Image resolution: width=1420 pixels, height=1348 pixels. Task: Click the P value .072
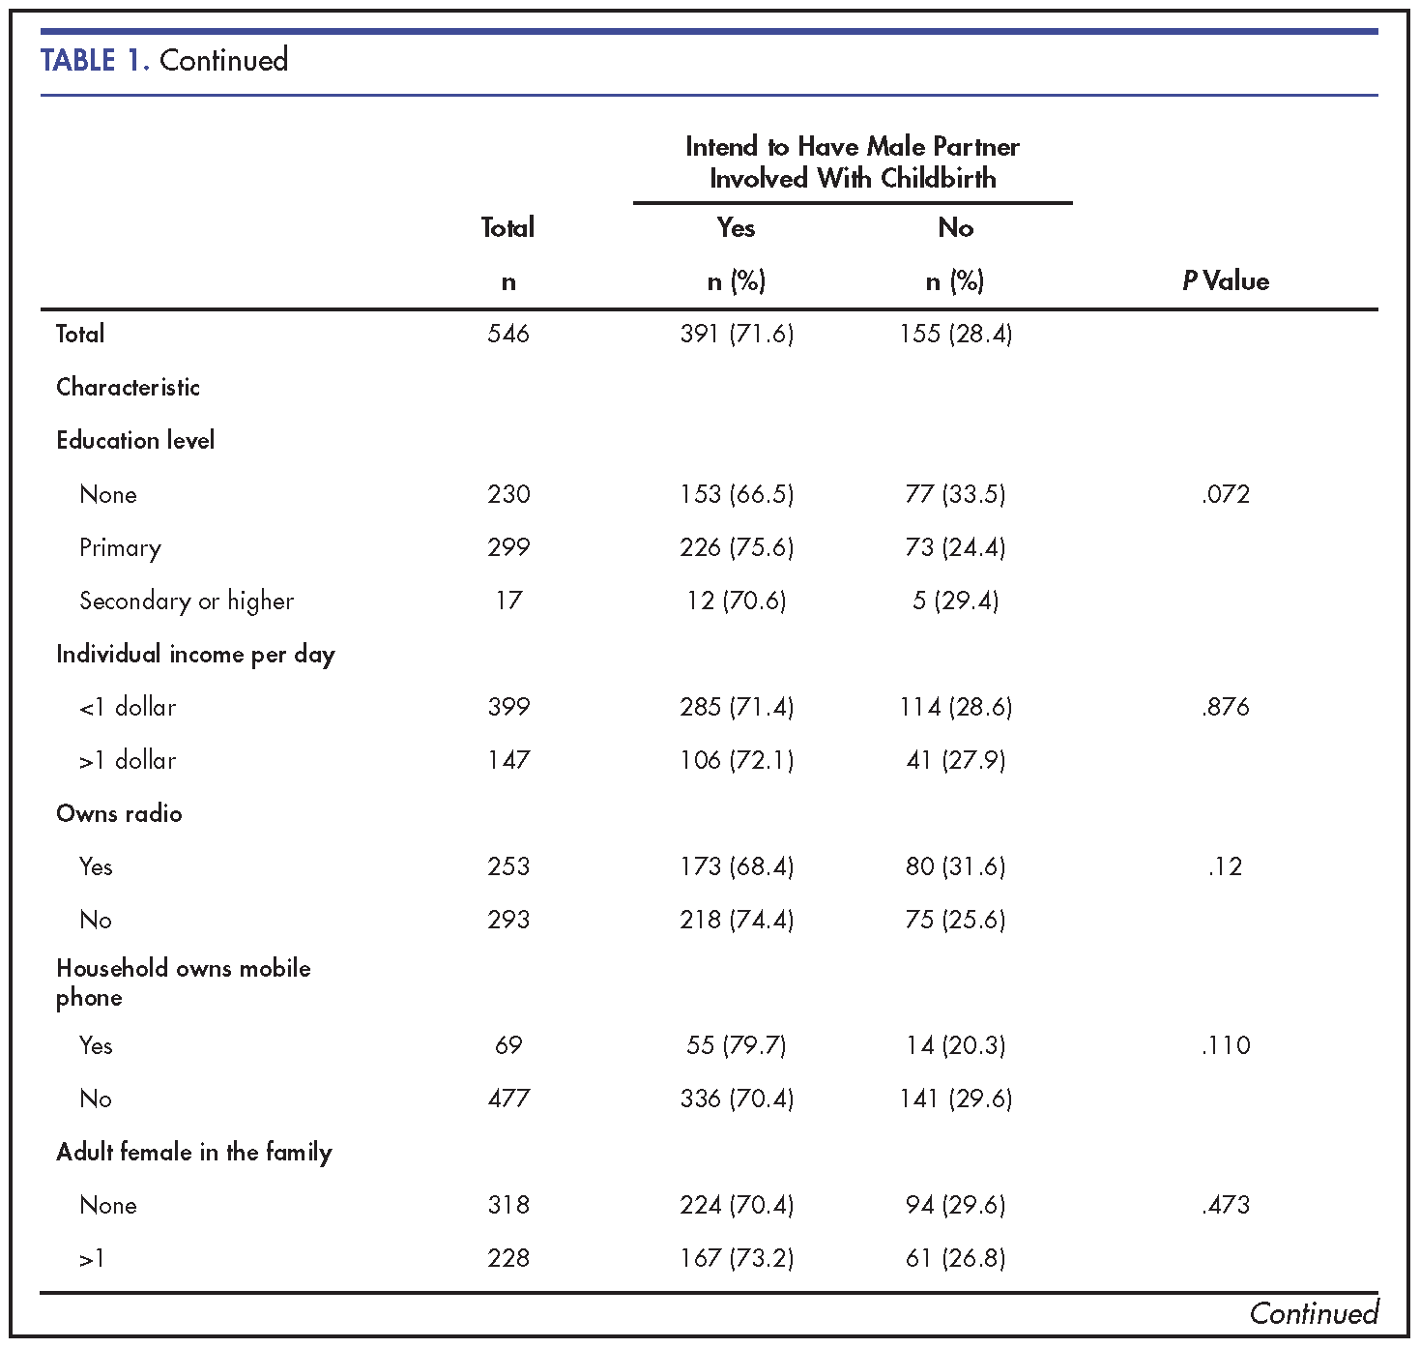pyautogui.click(x=1226, y=494)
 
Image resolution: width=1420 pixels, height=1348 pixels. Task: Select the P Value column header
pyautogui.click(x=1225, y=280)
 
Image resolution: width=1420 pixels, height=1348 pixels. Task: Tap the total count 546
pyautogui.click(x=507, y=334)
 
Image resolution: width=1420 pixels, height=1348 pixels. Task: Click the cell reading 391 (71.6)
pyautogui.click(x=737, y=334)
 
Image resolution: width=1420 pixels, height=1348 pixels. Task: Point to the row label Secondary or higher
pyautogui.click(x=187, y=601)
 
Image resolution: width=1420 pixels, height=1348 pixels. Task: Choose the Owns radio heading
pyautogui.click(x=119, y=814)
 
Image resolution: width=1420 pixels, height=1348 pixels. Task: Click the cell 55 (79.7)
pyautogui.click(x=737, y=1045)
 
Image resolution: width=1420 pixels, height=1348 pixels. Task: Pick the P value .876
pyautogui.click(x=1226, y=707)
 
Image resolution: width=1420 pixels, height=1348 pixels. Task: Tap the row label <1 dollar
pyautogui.click(x=128, y=707)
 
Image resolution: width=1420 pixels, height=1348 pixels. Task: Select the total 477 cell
pyautogui.click(x=508, y=1099)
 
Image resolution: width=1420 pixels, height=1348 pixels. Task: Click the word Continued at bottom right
pyautogui.click(x=1314, y=1313)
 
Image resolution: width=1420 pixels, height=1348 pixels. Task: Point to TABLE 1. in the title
pyautogui.click(x=96, y=60)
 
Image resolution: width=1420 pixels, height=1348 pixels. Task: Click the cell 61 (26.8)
pyautogui.click(x=956, y=1258)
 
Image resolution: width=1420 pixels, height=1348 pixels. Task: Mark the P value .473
pyautogui.click(x=1226, y=1205)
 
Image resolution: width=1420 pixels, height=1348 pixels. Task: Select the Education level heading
pyautogui.click(x=135, y=440)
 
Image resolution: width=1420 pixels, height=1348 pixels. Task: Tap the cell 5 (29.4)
pyautogui.click(x=956, y=601)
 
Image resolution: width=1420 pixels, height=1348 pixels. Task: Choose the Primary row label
pyautogui.click(x=120, y=548)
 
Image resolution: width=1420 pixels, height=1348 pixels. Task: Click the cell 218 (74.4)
pyautogui.click(x=737, y=920)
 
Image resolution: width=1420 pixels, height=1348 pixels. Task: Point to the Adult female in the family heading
pyautogui.click(x=194, y=1152)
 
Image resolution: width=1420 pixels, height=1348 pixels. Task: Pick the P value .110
pyautogui.click(x=1226, y=1045)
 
